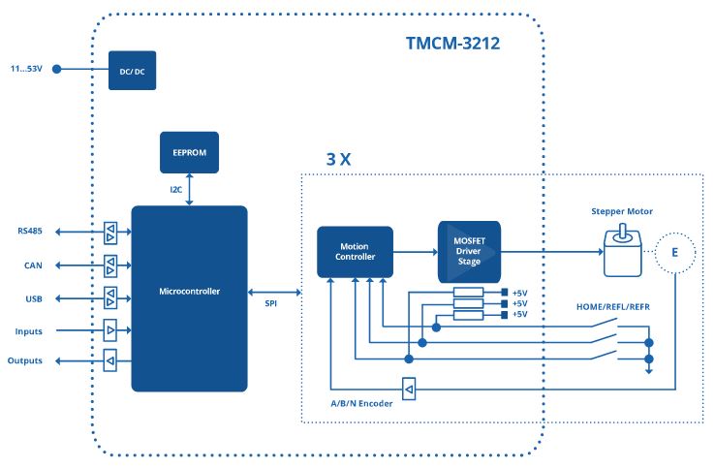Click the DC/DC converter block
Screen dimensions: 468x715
pos(132,70)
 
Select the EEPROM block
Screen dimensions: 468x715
pos(189,152)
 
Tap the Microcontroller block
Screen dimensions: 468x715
pos(189,292)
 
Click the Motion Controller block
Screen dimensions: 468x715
pos(355,251)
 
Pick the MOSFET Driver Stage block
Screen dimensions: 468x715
pos(468,251)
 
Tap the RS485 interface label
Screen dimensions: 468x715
pos(30,232)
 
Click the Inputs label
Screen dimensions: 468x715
pos(29,330)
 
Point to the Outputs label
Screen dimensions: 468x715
pos(26,362)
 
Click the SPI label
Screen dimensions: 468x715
pos(272,303)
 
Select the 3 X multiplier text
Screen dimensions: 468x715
pos(337,158)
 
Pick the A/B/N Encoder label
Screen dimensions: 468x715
pos(360,403)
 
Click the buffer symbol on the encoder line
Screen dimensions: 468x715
pos(410,390)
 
